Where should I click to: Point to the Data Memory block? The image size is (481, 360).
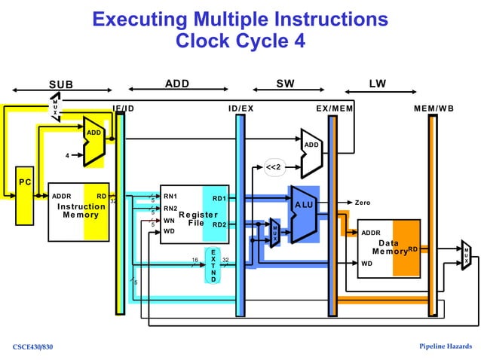pos(388,248)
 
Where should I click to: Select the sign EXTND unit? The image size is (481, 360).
pos(213,265)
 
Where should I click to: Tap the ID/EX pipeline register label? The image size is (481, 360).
pos(240,108)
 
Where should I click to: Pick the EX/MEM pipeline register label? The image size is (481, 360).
pos(334,108)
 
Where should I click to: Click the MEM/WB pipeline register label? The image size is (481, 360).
pos(434,108)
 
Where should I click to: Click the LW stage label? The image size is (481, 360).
pos(378,83)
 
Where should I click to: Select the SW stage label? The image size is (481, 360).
pos(286,83)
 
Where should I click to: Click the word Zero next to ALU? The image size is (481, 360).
pos(363,203)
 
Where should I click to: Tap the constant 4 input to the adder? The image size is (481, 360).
pos(68,157)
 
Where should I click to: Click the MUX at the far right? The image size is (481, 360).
pos(467,255)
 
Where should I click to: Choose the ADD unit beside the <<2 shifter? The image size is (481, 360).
pos(311,144)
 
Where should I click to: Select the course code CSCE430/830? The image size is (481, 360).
pos(33,346)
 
